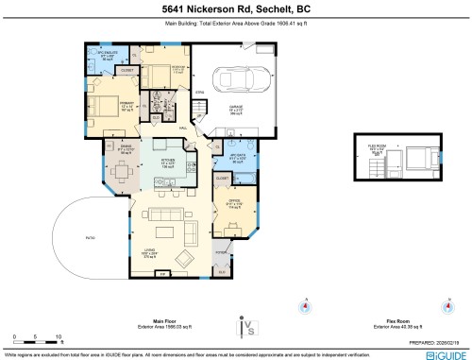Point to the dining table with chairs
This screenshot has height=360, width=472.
122,172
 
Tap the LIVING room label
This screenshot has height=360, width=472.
149,253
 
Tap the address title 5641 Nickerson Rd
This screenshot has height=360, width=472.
235,9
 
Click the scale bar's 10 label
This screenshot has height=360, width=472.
59,336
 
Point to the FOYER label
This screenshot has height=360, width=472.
220,254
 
